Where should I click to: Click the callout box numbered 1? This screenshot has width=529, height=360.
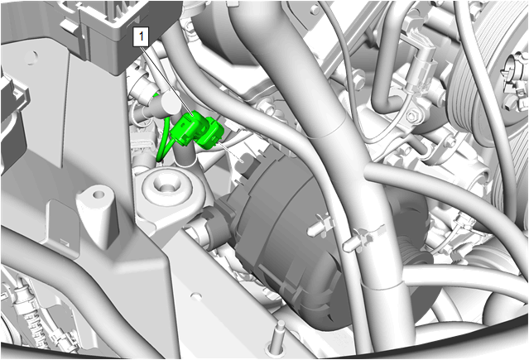point(141,36)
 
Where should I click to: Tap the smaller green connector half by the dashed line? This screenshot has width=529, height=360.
point(211,133)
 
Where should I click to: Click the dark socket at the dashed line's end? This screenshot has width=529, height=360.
point(247,161)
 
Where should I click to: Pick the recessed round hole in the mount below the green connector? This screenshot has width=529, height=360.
point(166,185)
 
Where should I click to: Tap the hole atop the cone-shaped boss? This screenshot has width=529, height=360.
point(99,194)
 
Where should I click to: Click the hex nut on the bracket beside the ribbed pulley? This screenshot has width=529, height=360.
point(413,117)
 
